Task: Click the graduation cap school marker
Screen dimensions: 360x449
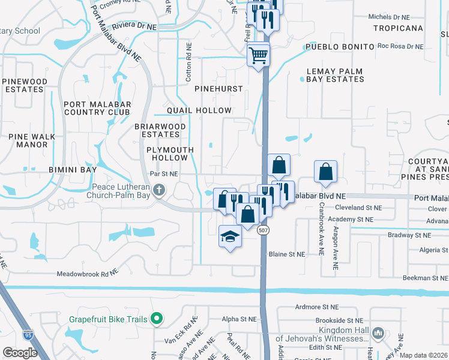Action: pyautogui.click(x=230, y=237)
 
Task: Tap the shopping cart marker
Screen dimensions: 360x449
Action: pyautogui.click(x=259, y=56)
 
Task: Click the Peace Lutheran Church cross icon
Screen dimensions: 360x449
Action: pyautogui.click(x=159, y=191)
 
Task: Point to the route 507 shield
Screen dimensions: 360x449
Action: pyautogui.click(x=262, y=230)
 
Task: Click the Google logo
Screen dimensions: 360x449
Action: pyautogui.click(x=20, y=353)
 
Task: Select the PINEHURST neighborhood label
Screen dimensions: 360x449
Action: pyautogui.click(x=218, y=89)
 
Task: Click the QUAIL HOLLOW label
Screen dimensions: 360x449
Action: pyautogui.click(x=199, y=110)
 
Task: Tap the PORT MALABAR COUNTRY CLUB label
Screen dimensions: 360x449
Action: pyautogui.click(x=97, y=108)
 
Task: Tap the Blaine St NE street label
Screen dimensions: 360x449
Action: pyautogui.click(x=287, y=254)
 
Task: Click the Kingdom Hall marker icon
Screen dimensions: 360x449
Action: pyautogui.click(x=378, y=333)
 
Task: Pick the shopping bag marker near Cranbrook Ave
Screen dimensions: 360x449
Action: pyautogui.click(x=325, y=172)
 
